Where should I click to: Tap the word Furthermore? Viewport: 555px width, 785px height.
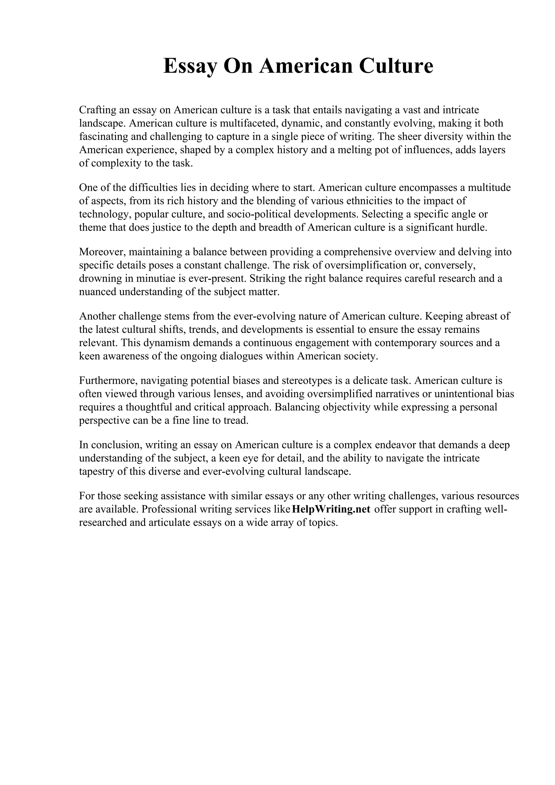pyautogui.click(x=108, y=381)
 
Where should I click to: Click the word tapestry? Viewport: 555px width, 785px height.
pyautogui.click(x=97, y=472)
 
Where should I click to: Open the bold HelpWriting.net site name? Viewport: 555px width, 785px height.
pyautogui.click(x=331, y=509)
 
